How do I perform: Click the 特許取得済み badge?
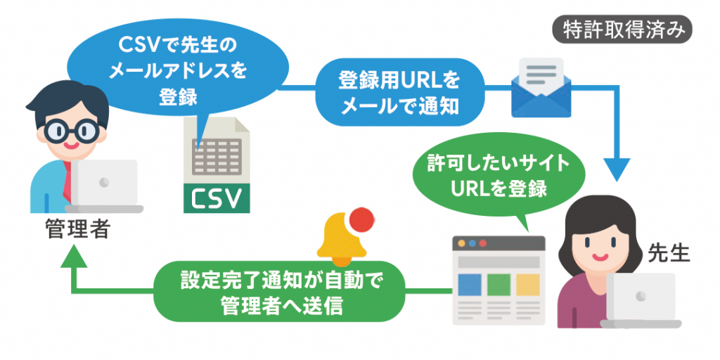point(622,31)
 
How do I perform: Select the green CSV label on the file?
point(217,198)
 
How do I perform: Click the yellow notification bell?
point(342,241)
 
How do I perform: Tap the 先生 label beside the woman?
point(669,252)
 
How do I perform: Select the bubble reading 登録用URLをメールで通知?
point(400,92)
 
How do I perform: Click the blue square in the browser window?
point(470,285)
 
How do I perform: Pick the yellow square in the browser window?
point(527,285)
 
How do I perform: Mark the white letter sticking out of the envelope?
point(541,75)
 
